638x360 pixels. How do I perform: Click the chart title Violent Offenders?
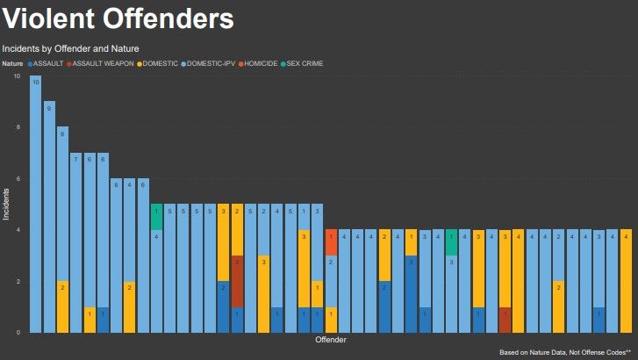click(119, 18)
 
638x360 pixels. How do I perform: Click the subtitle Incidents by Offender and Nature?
click(70, 48)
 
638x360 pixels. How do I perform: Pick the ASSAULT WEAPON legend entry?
click(100, 63)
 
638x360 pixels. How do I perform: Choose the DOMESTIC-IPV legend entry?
click(211, 63)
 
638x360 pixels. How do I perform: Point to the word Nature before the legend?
click(12, 63)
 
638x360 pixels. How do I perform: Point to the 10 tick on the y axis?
click(18, 76)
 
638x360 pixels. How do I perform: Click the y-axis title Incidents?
click(6, 203)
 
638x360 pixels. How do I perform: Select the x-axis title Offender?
click(331, 340)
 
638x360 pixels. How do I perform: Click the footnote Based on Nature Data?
click(565, 352)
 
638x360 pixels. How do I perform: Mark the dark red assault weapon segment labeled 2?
click(237, 281)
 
